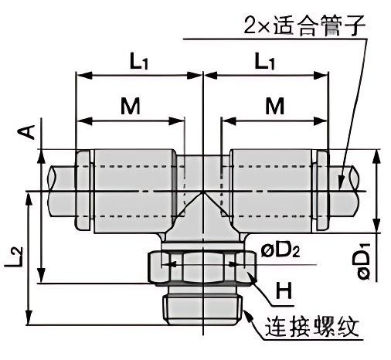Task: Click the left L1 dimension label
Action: pyautogui.click(x=139, y=62)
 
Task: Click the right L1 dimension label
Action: pyautogui.click(x=265, y=62)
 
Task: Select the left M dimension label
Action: pyautogui.click(x=130, y=107)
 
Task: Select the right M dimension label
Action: pyautogui.click(x=274, y=107)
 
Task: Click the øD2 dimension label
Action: pyautogui.click(x=280, y=250)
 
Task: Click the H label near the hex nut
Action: pyautogui.click(x=284, y=292)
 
